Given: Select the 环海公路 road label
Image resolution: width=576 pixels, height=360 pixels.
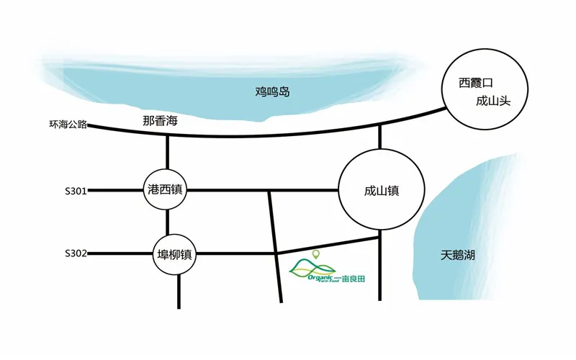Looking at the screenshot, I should (68, 125).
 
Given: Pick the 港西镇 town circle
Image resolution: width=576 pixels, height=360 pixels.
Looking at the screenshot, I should (167, 190).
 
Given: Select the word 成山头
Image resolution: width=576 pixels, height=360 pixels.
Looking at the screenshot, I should (494, 102).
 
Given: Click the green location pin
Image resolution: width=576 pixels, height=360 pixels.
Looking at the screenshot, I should (315, 253).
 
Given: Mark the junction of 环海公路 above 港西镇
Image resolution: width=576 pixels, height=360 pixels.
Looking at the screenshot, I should (167, 134).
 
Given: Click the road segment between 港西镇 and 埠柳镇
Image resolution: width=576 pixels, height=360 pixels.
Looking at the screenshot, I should (167, 222).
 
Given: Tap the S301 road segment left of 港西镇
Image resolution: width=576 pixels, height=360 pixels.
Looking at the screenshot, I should (115, 191).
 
